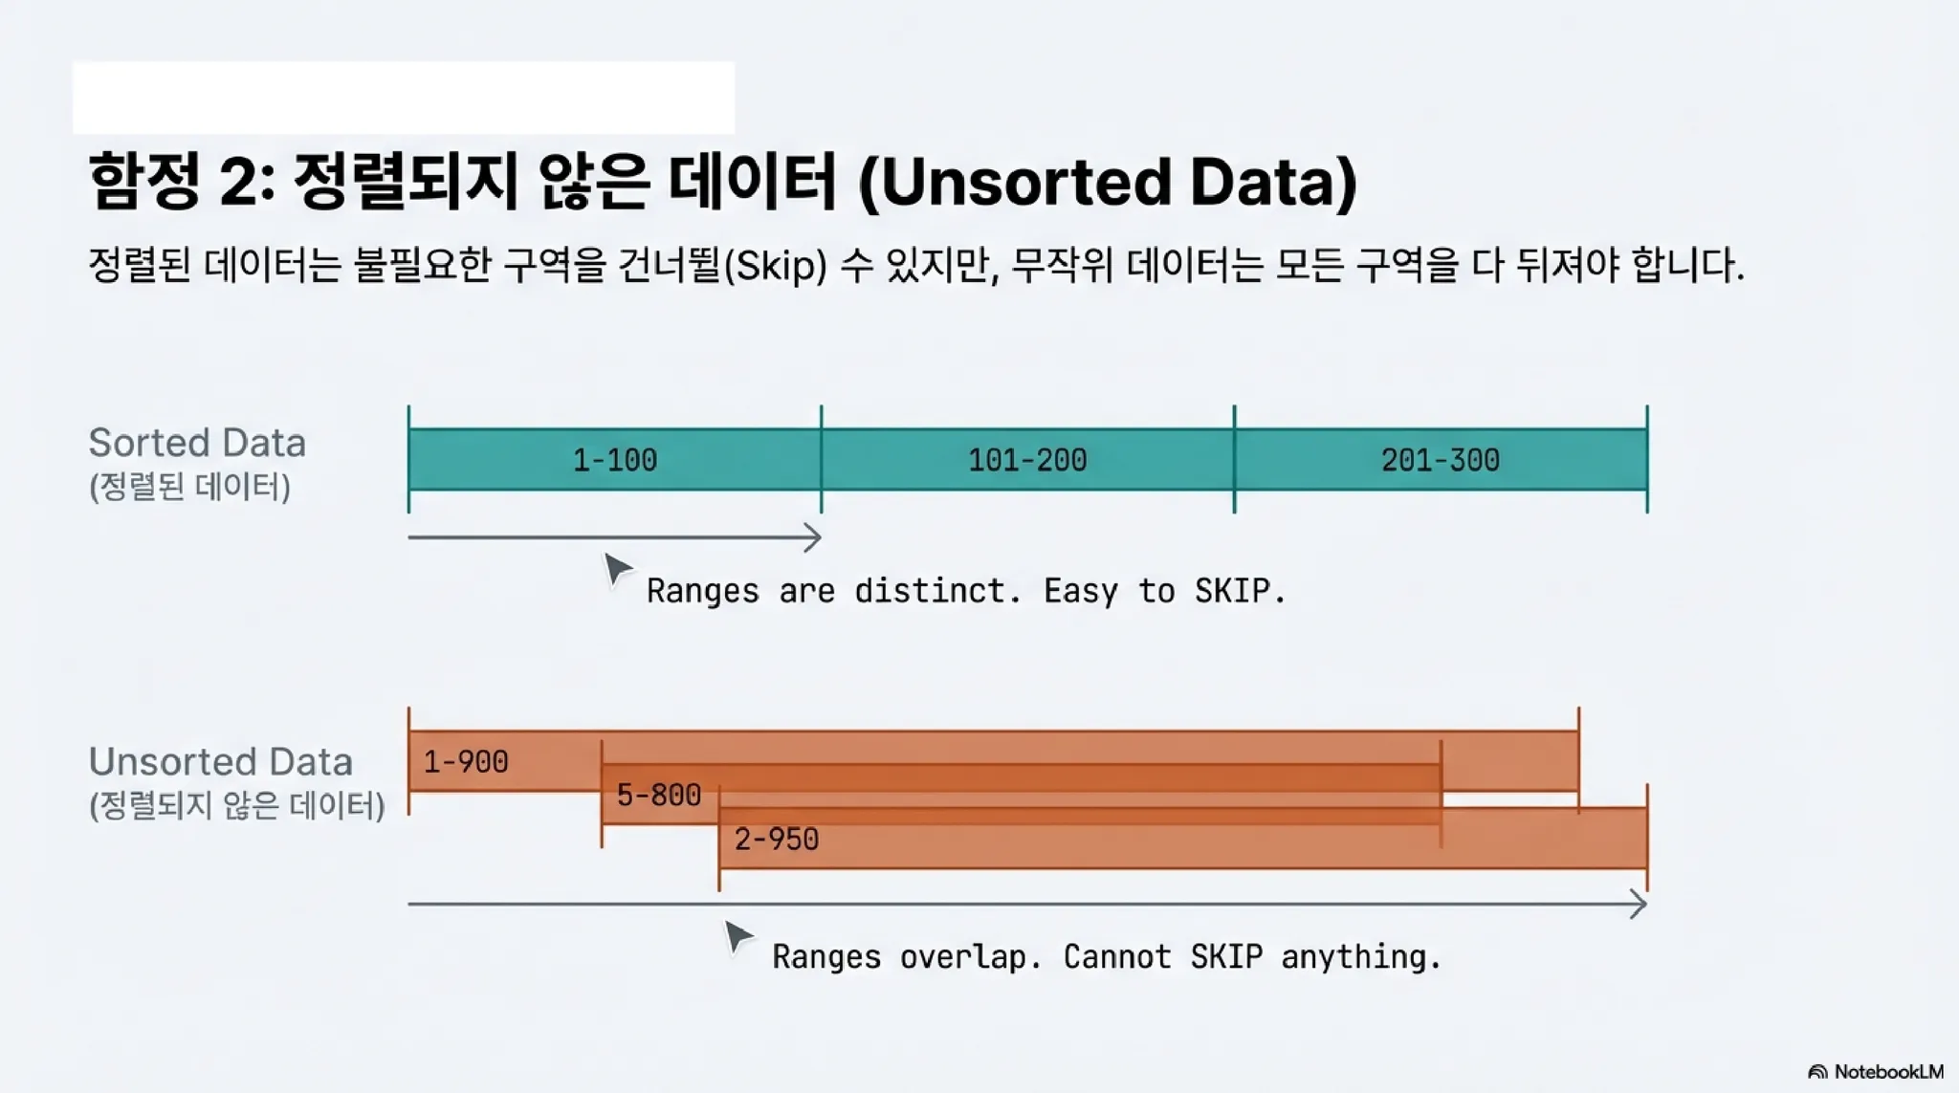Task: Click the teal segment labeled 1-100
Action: [x=614, y=460]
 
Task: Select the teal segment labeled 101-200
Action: [x=1027, y=460]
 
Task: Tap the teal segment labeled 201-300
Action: [x=1441, y=460]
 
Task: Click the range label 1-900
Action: [x=466, y=762]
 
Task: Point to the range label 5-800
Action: [x=659, y=795]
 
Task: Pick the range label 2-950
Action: [x=777, y=840]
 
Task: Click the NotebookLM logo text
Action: [x=1888, y=1072]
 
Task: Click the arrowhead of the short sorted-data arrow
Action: [x=813, y=537]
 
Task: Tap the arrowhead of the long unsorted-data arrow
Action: [x=1639, y=904]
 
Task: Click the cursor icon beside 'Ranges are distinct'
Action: [x=617, y=569]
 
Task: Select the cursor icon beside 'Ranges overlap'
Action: [x=737, y=936]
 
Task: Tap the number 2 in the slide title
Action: [x=238, y=182]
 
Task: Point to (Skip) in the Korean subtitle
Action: [x=776, y=265]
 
